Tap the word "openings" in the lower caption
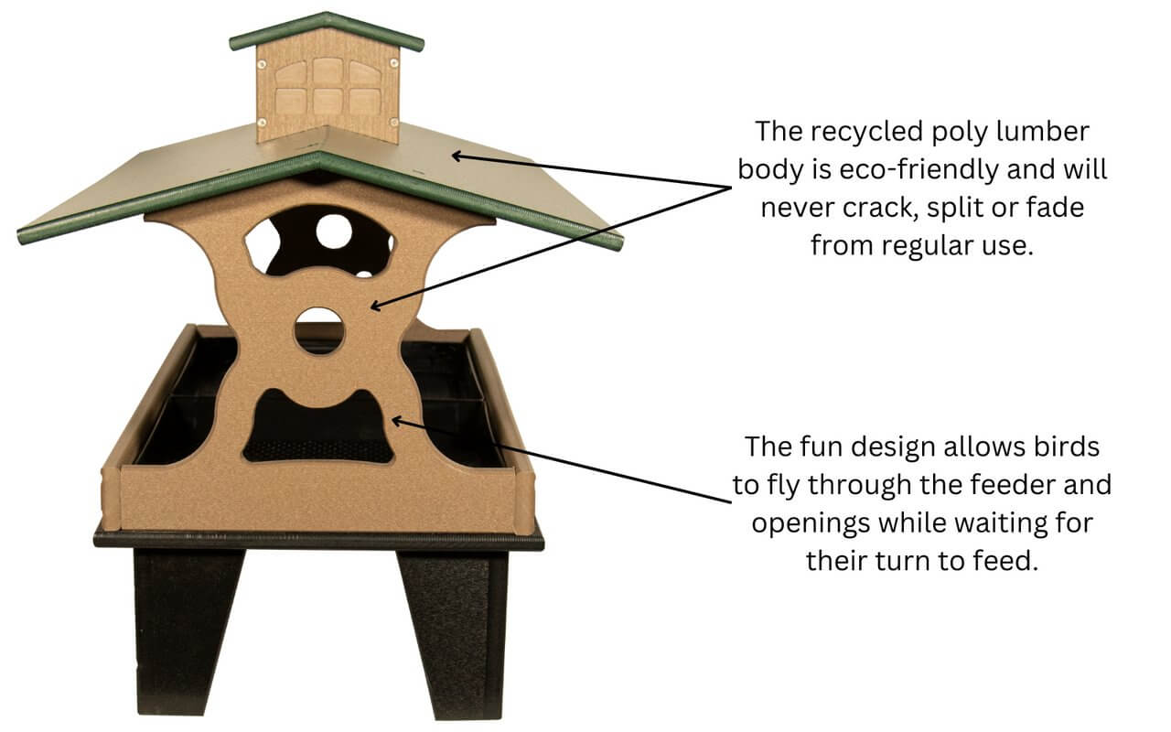pos(809,523)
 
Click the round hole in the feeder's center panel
pos(319,330)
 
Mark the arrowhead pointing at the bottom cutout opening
pos(396,419)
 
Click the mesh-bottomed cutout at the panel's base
pos(319,430)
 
